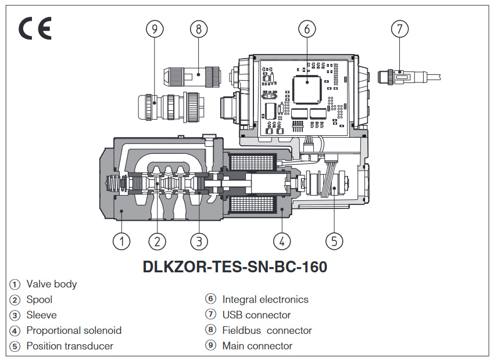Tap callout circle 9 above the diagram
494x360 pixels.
point(154,28)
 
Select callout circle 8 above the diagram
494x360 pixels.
point(199,28)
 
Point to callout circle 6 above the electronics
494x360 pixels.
point(307,28)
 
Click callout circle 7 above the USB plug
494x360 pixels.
point(399,28)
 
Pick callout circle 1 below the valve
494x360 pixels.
point(121,241)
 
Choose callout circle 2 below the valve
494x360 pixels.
point(157,241)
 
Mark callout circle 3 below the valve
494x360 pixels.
point(199,241)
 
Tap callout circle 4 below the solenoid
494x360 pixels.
point(281,241)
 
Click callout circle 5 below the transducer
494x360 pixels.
point(334,241)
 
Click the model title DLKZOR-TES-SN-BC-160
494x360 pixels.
point(235,267)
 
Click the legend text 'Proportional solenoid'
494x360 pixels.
point(74,330)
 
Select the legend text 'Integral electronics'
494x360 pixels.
point(265,300)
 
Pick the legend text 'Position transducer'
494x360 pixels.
point(70,346)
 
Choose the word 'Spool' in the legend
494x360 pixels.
point(39,300)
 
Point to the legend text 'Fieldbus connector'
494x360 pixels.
point(267,330)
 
